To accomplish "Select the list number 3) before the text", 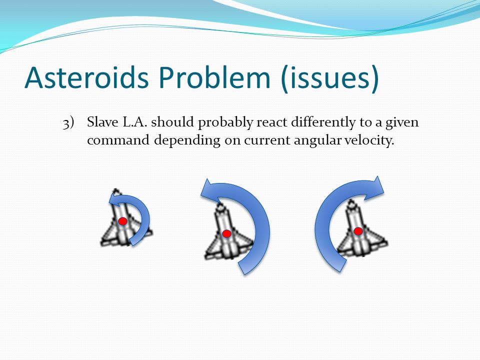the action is click(x=68, y=123).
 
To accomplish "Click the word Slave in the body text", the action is click(x=102, y=122).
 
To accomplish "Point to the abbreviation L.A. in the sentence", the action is click(x=135, y=122).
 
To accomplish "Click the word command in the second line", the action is click(x=118, y=140).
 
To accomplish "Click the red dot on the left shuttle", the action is click(x=123, y=221).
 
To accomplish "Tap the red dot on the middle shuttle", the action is click(x=226, y=234).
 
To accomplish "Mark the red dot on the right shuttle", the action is click(x=358, y=231).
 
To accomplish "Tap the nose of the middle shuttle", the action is click(x=220, y=205).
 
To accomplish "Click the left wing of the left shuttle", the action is click(x=107, y=237).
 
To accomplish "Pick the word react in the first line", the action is click(x=272, y=122).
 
